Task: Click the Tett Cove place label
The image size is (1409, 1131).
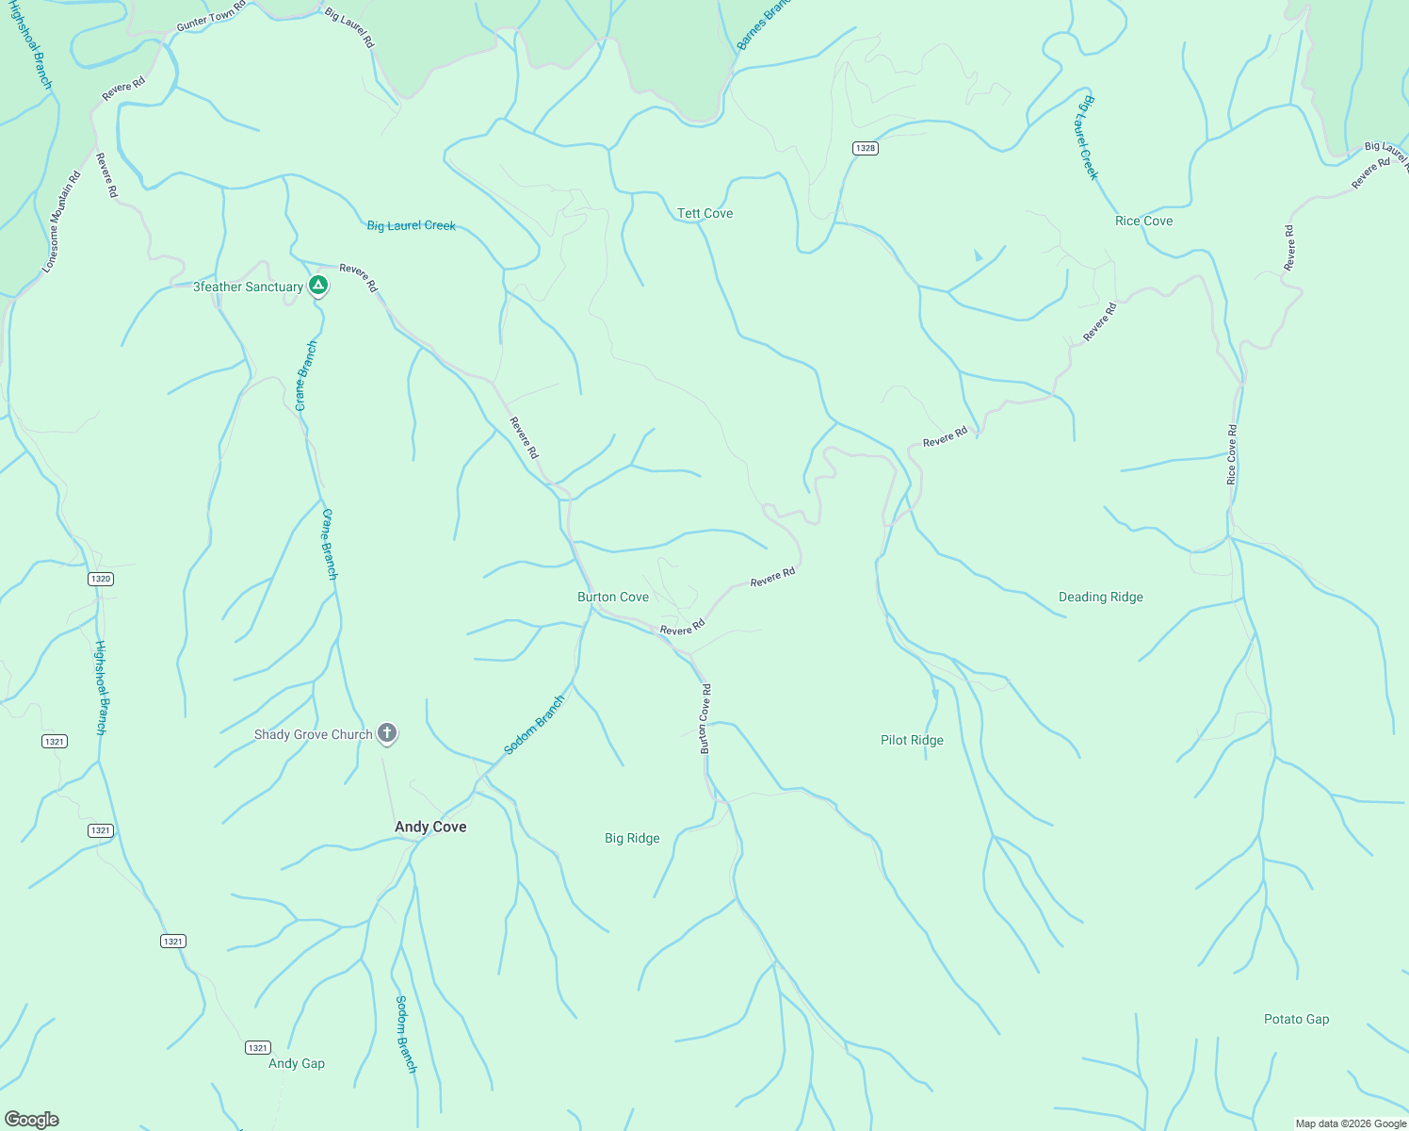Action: (704, 214)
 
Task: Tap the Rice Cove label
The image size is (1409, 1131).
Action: (1143, 221)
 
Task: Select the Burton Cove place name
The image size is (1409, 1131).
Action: (612, 598)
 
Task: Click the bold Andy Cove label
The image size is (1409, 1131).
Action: (430, 828)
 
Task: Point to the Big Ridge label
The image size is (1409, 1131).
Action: (632, 839)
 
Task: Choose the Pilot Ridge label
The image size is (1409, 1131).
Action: (912, 741)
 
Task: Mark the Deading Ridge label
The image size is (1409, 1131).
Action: (1100, 598)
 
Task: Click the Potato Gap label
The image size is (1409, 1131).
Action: (1296, 1020)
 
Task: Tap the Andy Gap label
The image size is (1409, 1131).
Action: (297, 1064)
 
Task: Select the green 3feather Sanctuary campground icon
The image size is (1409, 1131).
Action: (318, 285)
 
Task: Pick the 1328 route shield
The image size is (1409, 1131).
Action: (866, 148)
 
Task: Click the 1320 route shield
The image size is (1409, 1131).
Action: (101, 579)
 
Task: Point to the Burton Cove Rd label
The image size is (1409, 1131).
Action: (704, 718)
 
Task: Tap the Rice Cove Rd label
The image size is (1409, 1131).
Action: (1232, 455)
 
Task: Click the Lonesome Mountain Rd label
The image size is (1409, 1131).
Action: (62, 223)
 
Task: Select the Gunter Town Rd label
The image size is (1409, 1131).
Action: (211, 16)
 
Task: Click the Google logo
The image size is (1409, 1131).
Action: (32, 1120)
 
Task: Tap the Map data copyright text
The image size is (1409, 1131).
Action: (1351, 1123)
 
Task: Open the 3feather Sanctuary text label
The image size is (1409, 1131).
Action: (248, 287)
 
